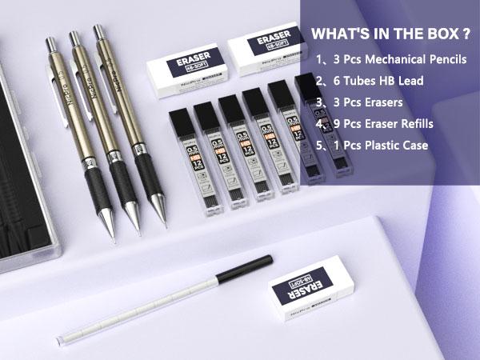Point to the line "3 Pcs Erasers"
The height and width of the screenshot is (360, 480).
(362, 102)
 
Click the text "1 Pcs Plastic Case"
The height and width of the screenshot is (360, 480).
(373, 146)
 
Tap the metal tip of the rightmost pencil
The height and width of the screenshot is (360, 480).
(162, 214)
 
